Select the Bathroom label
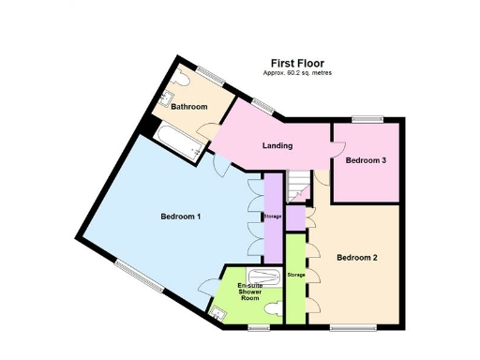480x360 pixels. [188, 107]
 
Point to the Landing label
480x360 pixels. [277, 145]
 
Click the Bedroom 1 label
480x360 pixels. [180, 217]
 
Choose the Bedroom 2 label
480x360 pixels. [357, 258]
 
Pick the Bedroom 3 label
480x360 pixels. [366, 160]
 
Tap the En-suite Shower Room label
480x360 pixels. [248, 292]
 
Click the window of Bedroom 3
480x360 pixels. [367, 118]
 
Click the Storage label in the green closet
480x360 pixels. [296, 274]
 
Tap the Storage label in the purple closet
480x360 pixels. [272, 217]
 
